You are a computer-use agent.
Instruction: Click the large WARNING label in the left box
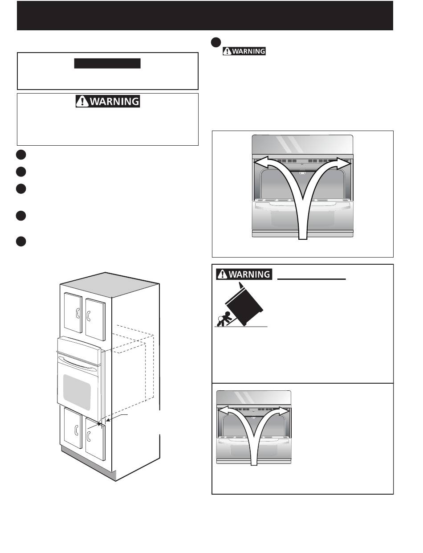click(x=107, y=101)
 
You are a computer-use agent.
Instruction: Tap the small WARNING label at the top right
click(x=244, y=51)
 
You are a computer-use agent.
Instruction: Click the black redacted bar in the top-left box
click(x=107, y=63)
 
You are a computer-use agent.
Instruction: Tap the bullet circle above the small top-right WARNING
click(x=216, y=41)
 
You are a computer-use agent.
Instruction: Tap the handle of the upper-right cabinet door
click(x=89, y=317)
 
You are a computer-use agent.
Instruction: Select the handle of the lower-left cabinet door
click(x=77, y=430)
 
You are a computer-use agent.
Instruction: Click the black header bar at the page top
click(x=205, y=16)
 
